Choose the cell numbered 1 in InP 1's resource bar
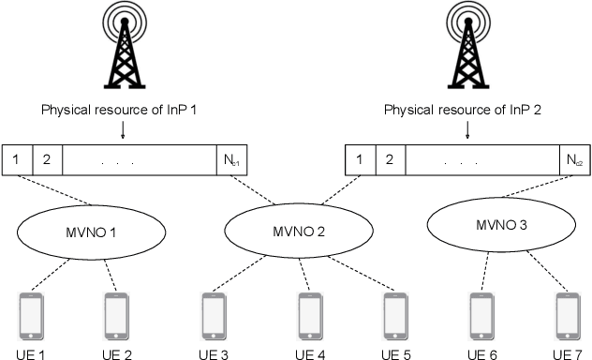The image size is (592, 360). (18, 158)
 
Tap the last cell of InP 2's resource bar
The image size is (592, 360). (573, 158)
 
